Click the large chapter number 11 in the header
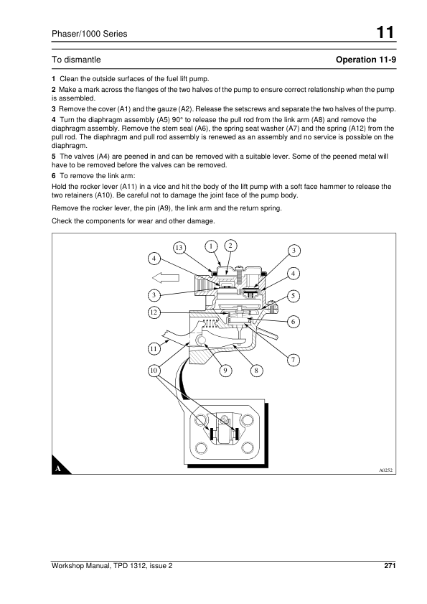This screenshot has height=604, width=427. tap(385, 32)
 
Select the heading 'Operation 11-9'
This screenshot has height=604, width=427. tap(366, 60)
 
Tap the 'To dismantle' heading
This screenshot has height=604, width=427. tap(76, 60)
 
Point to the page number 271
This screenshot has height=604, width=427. tap(390, 565)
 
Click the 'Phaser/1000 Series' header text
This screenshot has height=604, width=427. tap(89, 34)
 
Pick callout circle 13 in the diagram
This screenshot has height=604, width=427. tap(179, 247)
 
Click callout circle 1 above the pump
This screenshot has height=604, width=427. tap(211, 246)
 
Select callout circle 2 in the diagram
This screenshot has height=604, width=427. tap(230, 246)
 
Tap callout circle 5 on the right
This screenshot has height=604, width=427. tap(293, 296)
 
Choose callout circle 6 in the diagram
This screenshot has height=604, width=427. tap(293, 322)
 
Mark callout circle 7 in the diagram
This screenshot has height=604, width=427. tap(293, 360)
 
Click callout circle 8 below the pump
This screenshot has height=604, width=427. tap(256, 371)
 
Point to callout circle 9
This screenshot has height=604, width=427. tap(225, 371)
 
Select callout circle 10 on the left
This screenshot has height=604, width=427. tap(154, 371)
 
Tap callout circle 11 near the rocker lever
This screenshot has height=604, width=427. tap(154, 349)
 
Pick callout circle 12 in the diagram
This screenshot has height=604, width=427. tap(154, 312)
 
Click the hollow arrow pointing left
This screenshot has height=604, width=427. tap(166, 278)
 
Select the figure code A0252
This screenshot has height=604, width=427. tap(385, 470)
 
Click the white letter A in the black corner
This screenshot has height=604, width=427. tap(58, 469)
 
